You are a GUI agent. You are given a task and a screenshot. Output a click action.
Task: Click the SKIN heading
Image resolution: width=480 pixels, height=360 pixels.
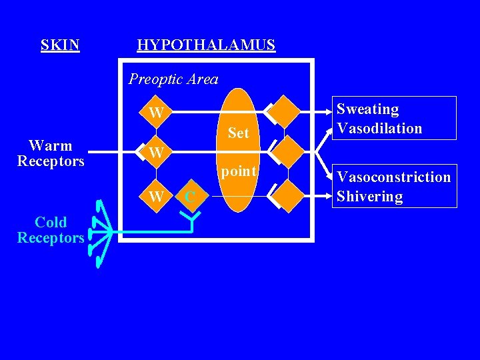[60, 45]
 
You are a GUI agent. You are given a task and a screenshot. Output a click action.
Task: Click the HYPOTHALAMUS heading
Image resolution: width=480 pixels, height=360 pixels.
[205, 45]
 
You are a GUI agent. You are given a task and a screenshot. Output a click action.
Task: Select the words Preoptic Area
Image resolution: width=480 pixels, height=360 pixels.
[173, 79]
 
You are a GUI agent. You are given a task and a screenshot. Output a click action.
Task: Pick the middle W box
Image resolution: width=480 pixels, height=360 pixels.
[156, 153]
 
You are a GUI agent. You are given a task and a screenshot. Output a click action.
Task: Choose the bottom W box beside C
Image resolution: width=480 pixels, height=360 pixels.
[156, 197]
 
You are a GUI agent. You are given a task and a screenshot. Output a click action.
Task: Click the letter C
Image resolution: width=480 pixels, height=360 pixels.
[190, 197]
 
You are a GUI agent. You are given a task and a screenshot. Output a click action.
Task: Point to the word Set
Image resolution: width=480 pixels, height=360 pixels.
[238, 133]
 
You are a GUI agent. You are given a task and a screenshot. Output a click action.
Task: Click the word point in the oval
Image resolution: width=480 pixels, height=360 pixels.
[239, 171]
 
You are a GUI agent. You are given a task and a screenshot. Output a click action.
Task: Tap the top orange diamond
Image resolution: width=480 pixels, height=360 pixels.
[286, 111]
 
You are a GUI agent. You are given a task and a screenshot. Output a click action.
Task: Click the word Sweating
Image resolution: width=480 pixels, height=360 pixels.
[367, 109]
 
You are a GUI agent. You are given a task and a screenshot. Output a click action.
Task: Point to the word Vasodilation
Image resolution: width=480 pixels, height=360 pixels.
[379, 128]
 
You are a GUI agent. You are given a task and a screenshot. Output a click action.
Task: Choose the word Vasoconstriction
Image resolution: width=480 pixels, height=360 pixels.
[393, 177]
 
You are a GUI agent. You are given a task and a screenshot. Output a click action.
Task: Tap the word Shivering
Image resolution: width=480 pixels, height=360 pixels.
[369, 196]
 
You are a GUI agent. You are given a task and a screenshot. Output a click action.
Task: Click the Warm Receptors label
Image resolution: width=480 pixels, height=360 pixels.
[51, 153]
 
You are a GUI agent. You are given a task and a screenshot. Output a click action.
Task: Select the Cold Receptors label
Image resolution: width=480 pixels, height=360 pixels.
[51, 230]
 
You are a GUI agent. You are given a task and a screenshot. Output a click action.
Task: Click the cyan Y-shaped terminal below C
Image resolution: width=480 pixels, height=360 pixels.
[191, 220]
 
